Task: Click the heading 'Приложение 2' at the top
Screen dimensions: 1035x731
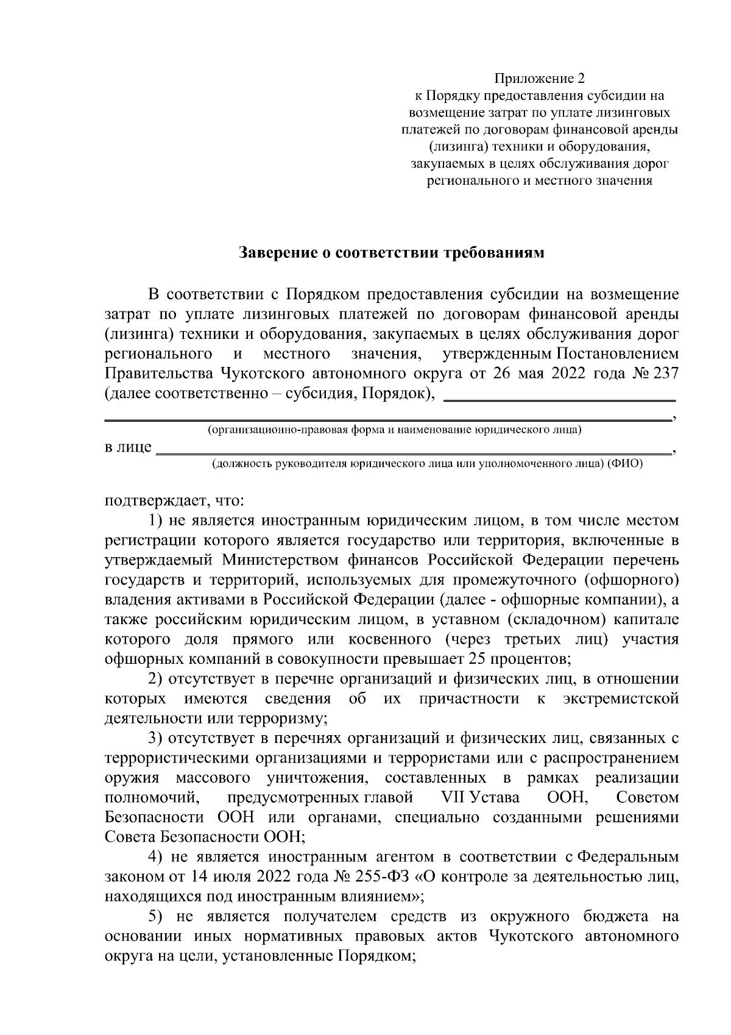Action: click(539, 79)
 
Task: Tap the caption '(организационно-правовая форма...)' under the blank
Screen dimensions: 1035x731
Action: click(394, 430)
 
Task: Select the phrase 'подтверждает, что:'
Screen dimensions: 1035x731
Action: click(175, 501)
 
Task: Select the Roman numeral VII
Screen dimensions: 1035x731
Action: click(451, 797)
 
